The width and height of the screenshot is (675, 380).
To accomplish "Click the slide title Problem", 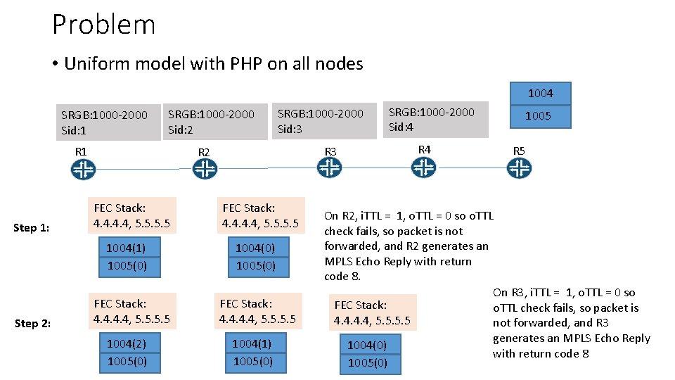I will click(x=103, y=25).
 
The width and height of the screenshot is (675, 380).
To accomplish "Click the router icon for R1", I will click(x=83, y=170).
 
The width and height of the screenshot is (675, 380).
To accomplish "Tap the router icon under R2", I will click(x=205, y=170).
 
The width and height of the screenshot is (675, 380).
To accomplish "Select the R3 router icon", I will click(x=329, y=167).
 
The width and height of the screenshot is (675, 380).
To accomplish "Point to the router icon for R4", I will click(x=423, y=167).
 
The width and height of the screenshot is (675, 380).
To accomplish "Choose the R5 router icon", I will click(x=520, y=168).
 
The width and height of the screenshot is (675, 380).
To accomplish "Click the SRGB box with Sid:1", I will click(x=109, y=122).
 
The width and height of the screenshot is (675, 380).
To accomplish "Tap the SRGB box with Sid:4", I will click(x=437, y=119).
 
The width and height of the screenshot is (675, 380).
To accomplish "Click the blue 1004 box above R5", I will click(x=540, y=93).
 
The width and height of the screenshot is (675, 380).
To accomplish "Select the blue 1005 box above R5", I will click(x=539, y=116).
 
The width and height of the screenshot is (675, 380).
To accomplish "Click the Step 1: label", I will click(x=32, y=227).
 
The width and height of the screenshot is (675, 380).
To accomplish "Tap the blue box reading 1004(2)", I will click(x=127, y=343).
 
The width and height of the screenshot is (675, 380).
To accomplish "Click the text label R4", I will click(x=425, y=149).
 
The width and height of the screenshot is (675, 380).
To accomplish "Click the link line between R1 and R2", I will click(x=143, y=170).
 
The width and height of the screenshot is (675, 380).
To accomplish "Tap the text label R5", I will click(x=519, y=151).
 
